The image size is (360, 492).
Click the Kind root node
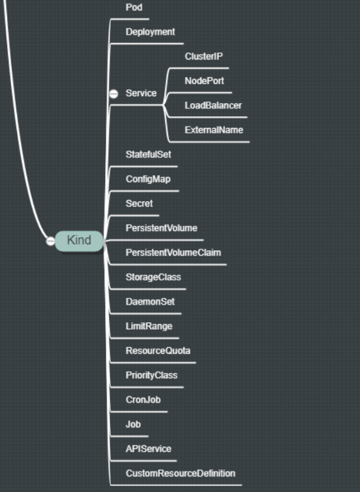click(79, 241)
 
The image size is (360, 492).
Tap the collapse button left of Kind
click(51, 241)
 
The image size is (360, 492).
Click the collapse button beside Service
click(114, 93)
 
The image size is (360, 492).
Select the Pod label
click(134, 7)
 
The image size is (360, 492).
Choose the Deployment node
click(150, 32)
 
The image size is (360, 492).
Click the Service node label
click(141, 93)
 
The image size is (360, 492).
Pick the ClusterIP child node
click(204, 57)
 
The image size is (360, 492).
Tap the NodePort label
click(204, 81)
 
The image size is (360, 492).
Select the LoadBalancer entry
click(213, 106)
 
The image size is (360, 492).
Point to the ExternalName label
click(214, 130)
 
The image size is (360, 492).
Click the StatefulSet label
click(148, 154)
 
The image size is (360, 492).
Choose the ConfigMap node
click(148, 179)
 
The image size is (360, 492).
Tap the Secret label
click(139, 204)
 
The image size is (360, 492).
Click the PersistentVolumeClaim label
click(173, 252)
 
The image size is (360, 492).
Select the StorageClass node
click(153, 277)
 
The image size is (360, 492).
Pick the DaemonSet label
click(150, 301)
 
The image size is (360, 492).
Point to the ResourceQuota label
click(158, 350)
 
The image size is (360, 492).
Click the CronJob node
click(143, 399)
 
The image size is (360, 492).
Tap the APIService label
click(148, 448)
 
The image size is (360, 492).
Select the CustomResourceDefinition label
click(180, 473)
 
